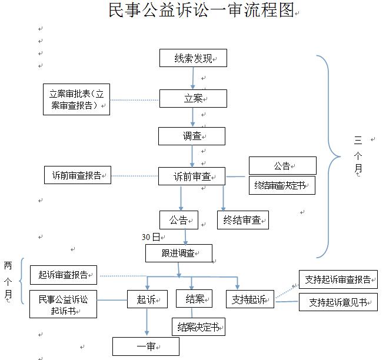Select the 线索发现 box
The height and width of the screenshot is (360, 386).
pos(193,58)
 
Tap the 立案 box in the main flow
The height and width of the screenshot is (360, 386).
pos(193,98)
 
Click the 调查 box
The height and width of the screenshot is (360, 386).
pos(191,136)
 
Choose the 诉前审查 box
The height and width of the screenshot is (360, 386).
pos(191,176)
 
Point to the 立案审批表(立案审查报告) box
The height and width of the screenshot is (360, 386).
pos(76,99)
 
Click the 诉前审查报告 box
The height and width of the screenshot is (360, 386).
pos(77,175)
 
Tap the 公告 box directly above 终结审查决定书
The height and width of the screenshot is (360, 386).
pos(282,165)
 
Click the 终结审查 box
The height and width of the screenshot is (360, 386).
pos(242,220)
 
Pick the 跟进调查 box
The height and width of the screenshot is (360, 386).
pos(178,253)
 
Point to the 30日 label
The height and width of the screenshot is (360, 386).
pos(151,237)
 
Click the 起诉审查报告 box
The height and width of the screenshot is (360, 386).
pos(64,274)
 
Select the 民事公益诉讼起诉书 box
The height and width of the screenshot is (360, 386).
pos(63,304)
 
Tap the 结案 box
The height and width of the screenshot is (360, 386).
pos(194,299)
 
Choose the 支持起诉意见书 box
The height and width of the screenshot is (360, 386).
pos(338,302)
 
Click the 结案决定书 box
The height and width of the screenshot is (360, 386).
pos(198,327)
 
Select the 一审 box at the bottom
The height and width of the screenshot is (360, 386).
pos(145,346)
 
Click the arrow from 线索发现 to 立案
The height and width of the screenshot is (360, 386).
pos(193,78)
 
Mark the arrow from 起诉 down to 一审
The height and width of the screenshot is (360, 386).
pos(146,322)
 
